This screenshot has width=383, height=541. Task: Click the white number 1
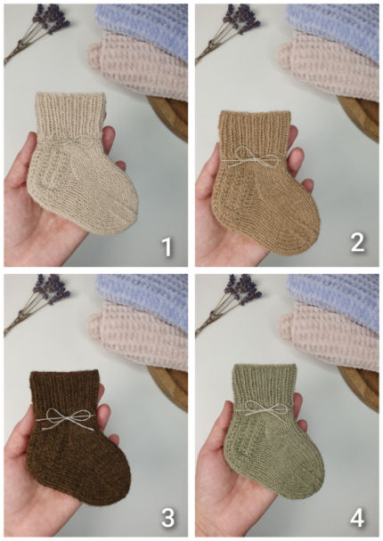pyautogui.click(x=167, y=246)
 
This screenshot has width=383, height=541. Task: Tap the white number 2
pyautogui.click(x=357, y=242)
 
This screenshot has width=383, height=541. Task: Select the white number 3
pyautogui.click(x=167, y=518)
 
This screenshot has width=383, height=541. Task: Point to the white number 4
pyautogui.click(x=357, y=518)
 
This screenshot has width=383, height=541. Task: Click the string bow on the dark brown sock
pyautogui.click(x=66, y=418)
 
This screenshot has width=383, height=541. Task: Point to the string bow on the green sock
pyautogui.click(x=266, y=409)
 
